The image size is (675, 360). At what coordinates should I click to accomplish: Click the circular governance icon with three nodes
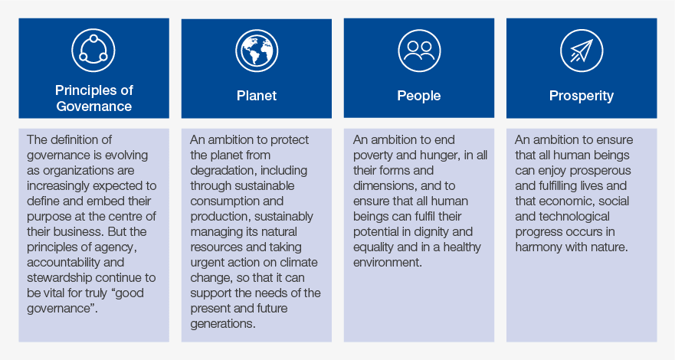click(93, 51)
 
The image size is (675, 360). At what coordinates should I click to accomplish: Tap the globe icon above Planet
click(257, 51)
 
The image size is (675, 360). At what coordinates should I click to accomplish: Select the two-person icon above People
click(419, 51)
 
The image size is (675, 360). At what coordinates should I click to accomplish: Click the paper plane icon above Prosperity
click(582, 51)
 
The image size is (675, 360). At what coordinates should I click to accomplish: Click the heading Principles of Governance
click(93, 98)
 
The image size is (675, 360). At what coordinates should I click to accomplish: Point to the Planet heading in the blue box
click(257, 96)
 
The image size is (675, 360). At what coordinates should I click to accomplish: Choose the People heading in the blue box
click(419, 96)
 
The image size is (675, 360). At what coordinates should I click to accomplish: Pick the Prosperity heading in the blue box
click(582, 96)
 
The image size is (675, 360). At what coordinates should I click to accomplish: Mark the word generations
click(224, 323)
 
